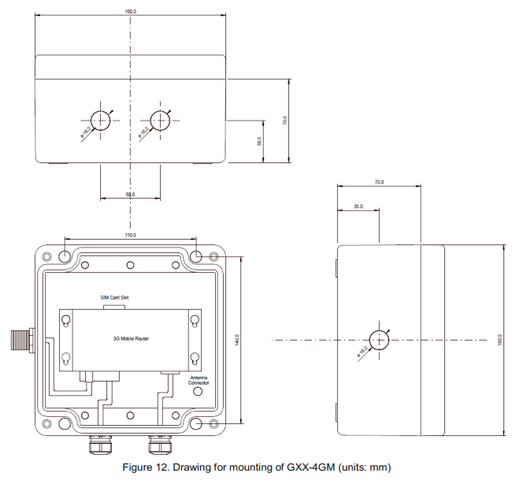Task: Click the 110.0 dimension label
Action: pyautogui.click(x=130, y=235)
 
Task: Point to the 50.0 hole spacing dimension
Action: pyautogui.click(x=130, y=194)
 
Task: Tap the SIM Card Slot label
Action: pyautogui.click(x=113, y=297)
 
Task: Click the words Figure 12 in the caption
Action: pyautogui.click(x=148, y=468)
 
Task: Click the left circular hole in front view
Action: pyautogui.click(x=101, y=120)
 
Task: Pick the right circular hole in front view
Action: pyautogui.click(x=160, y=120)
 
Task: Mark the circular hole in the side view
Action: pyautogui.click(x=379, y=339)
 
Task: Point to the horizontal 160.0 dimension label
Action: pyautogui.click(x=130, y=12)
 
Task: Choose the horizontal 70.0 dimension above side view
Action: pyautogui.click(x=379, y=182)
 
